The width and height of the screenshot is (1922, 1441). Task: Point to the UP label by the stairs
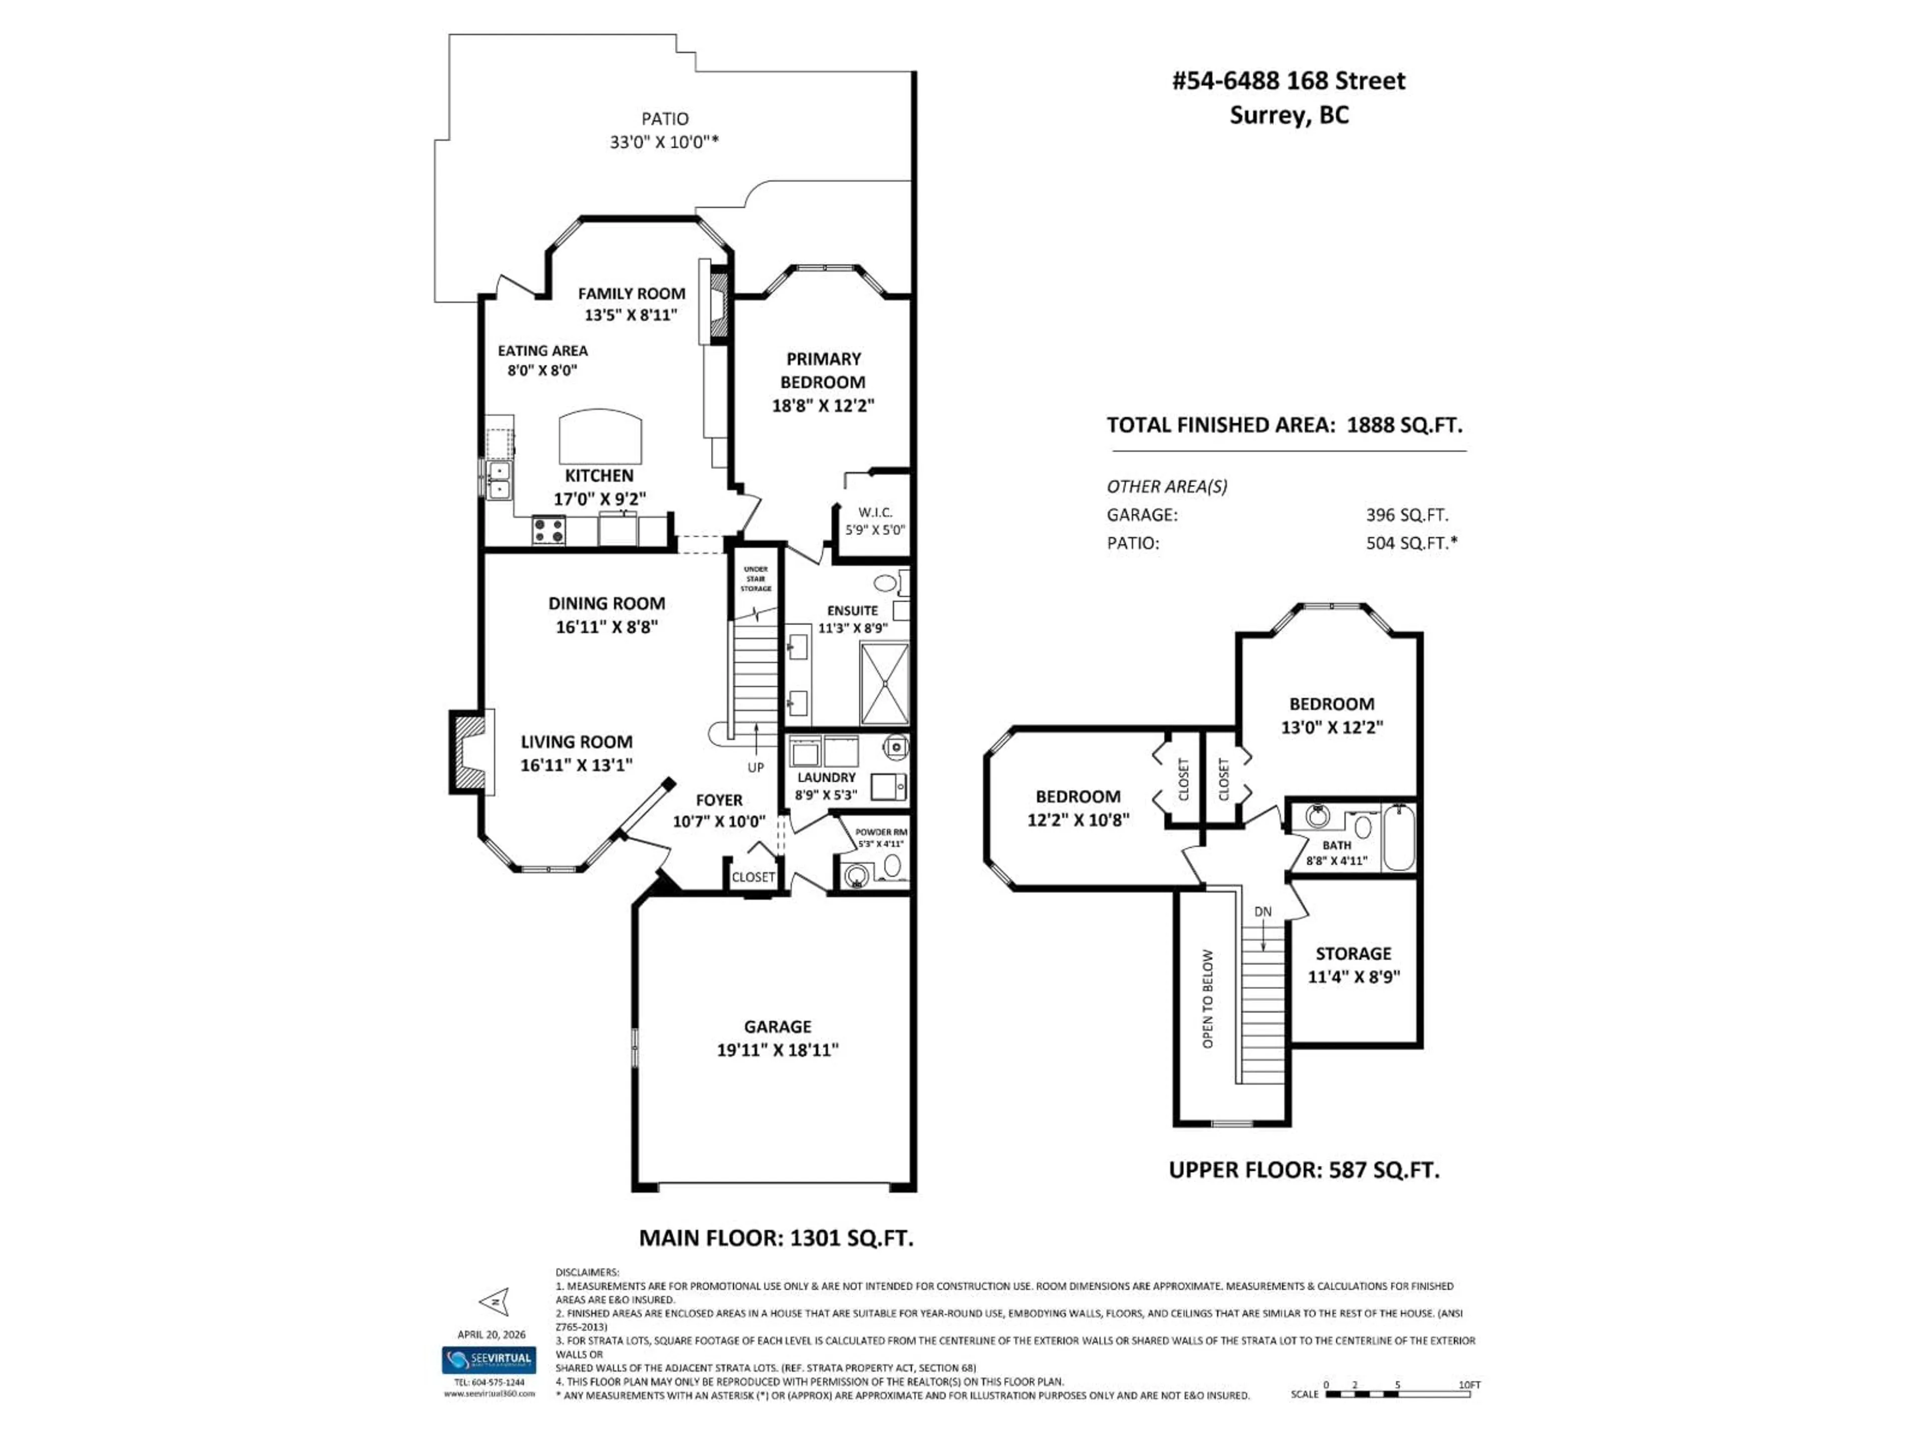tap(755, 768)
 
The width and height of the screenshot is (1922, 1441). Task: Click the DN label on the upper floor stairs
tap(1262, 912)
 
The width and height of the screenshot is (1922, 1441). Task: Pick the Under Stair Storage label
tap(755, 579)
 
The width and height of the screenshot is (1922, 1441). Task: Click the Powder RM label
tap(880, 832)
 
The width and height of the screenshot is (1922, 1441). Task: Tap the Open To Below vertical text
tap(1207, 999)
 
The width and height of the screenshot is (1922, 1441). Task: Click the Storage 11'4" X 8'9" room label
tap(1353, 965)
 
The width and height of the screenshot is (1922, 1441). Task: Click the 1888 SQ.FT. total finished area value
tap(1404, 426)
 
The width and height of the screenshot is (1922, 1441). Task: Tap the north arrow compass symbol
tap(494, 1301)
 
